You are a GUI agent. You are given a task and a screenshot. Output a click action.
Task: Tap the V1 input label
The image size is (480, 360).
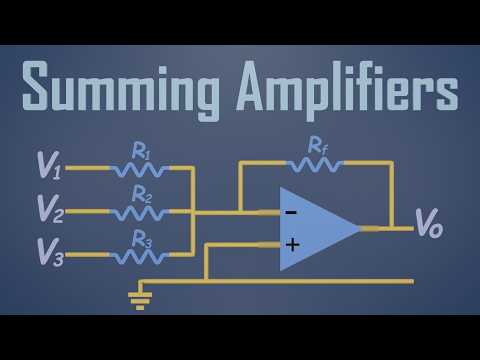[x=48, y=166]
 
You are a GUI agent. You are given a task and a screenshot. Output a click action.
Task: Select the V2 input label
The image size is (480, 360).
[x=49, y=209]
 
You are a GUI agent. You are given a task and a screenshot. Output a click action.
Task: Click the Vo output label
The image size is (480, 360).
[x=428, y=227]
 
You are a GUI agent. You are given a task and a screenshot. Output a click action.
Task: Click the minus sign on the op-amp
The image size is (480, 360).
[x=291, y=212]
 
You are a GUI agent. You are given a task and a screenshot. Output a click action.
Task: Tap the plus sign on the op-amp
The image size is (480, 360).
[x=292, y=243]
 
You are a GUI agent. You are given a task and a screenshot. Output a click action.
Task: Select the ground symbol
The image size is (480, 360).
[x=140, y=298]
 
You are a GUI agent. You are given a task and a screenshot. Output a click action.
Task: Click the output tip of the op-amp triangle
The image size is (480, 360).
[x=359, y=228]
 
